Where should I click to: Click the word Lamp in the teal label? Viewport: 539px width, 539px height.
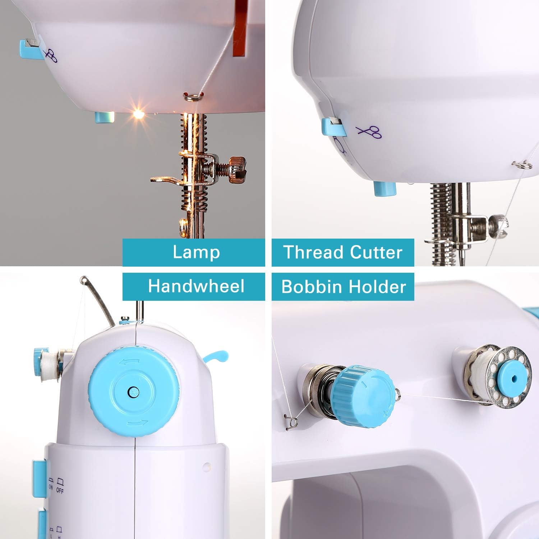(x=196, y=252)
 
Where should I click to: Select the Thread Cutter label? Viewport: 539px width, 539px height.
(x=343, y=252)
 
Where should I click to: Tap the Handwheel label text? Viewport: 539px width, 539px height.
(x=196, y=286)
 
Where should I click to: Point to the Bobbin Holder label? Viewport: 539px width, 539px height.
(x=344, y=286)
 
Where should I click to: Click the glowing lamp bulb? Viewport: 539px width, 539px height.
(x=138, y=114)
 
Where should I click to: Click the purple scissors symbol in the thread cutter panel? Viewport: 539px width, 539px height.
(x=369, y=132)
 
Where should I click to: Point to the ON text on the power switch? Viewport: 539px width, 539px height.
(x=51, y=487)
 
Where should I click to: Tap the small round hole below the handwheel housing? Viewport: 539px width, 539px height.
(x=206, y=467)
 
